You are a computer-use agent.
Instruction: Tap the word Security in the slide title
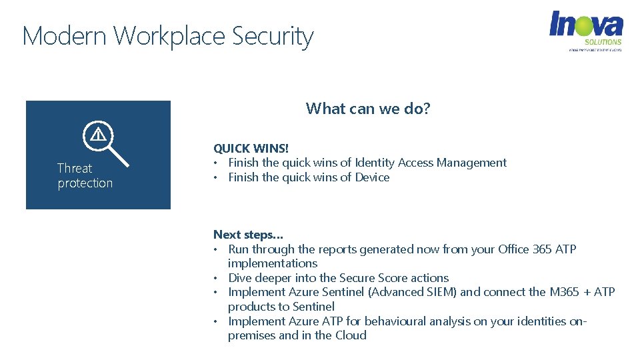pos(273,36)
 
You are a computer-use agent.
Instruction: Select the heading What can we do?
pos(368,109)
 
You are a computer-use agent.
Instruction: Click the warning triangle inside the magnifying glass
pos(98,135)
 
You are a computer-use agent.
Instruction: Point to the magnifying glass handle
pos(118,155)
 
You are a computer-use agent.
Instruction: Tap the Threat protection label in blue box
pos(85,175)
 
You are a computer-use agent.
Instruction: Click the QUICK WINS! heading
pos(251,148)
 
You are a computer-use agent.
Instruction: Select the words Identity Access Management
pos(430,163)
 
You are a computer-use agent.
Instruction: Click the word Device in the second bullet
pos(373,177)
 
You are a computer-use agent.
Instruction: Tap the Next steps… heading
pos(248,235)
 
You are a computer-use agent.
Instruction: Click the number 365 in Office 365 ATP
pos(541,249)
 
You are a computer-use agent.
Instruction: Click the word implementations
pos(272,263)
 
